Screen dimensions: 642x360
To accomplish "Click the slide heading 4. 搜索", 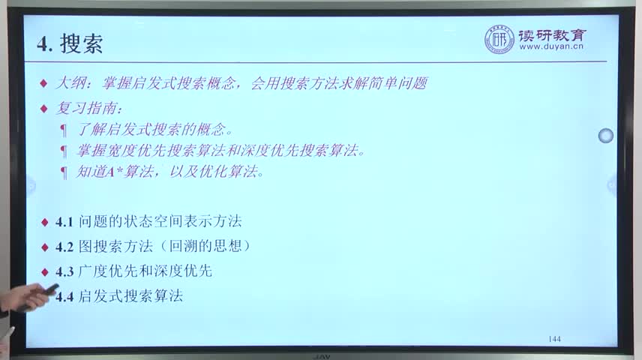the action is [x=70, y=43].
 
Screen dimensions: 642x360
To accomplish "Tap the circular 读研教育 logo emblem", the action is [x=499, y=39].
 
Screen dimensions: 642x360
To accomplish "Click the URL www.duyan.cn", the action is [x=551, y=46].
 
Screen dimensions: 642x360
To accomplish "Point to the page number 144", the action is [x=554, y=339].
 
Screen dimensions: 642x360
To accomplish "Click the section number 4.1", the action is [x=64, y=222].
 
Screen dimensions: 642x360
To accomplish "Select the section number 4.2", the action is [x=64, y=247].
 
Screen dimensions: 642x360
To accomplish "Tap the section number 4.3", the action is [x=64, y=271].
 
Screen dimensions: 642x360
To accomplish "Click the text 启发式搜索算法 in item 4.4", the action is [x=130, y=295].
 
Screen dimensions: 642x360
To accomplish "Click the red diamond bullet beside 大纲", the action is [x=43, y=84].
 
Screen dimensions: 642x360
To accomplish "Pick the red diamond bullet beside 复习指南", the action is [x=43, y=109].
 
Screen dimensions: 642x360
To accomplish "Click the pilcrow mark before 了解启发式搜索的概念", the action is [x=64, y=130].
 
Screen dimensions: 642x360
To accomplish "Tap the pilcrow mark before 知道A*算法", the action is [x=64, y=172].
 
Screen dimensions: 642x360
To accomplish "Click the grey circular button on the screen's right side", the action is [x=605, y=136].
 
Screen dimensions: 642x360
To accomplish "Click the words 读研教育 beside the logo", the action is [x=552, y=35].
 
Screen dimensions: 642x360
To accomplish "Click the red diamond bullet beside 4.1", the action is [x=45, y=223].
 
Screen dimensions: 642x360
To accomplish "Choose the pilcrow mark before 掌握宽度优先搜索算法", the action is [x=64, y=151].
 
